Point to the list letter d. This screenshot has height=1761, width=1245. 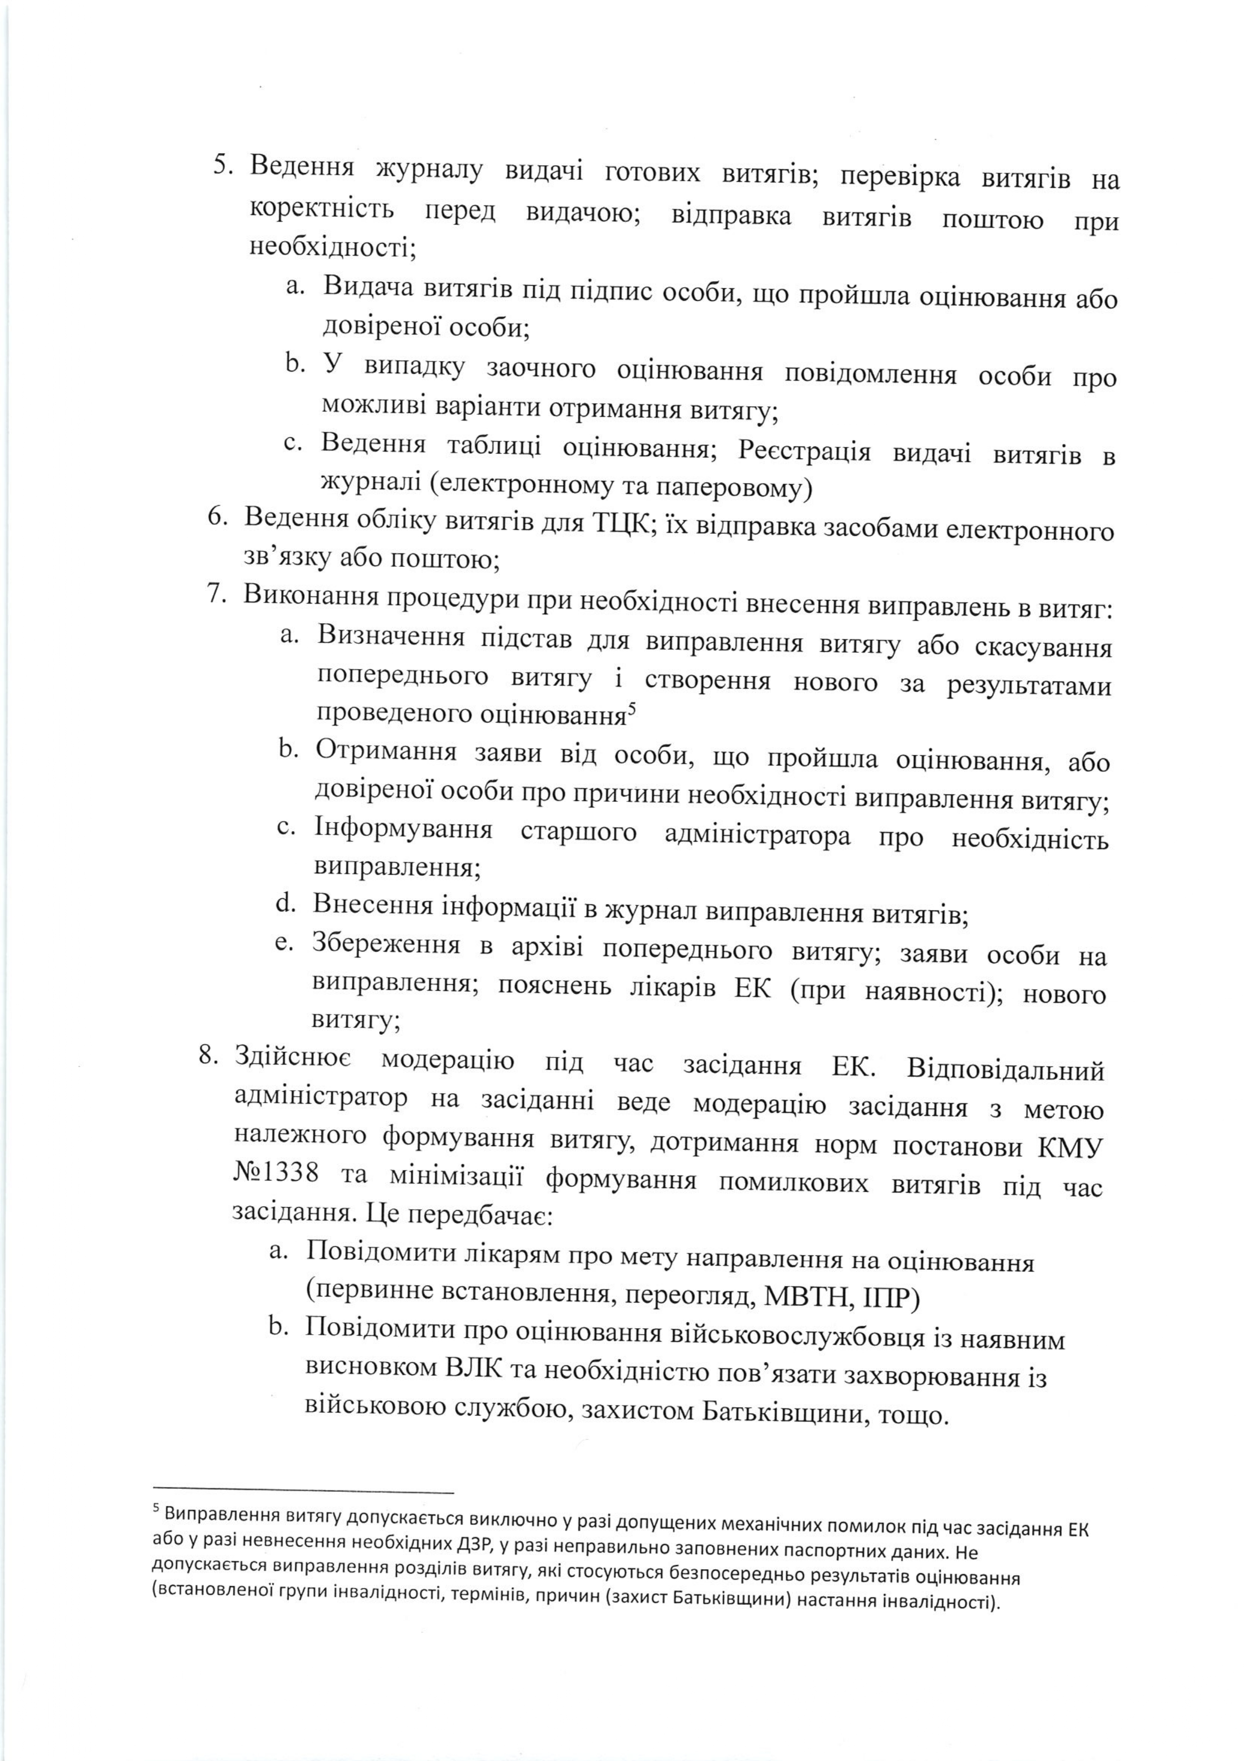click(x=285, y=904)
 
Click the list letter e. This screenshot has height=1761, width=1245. click(x=284, y=943)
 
